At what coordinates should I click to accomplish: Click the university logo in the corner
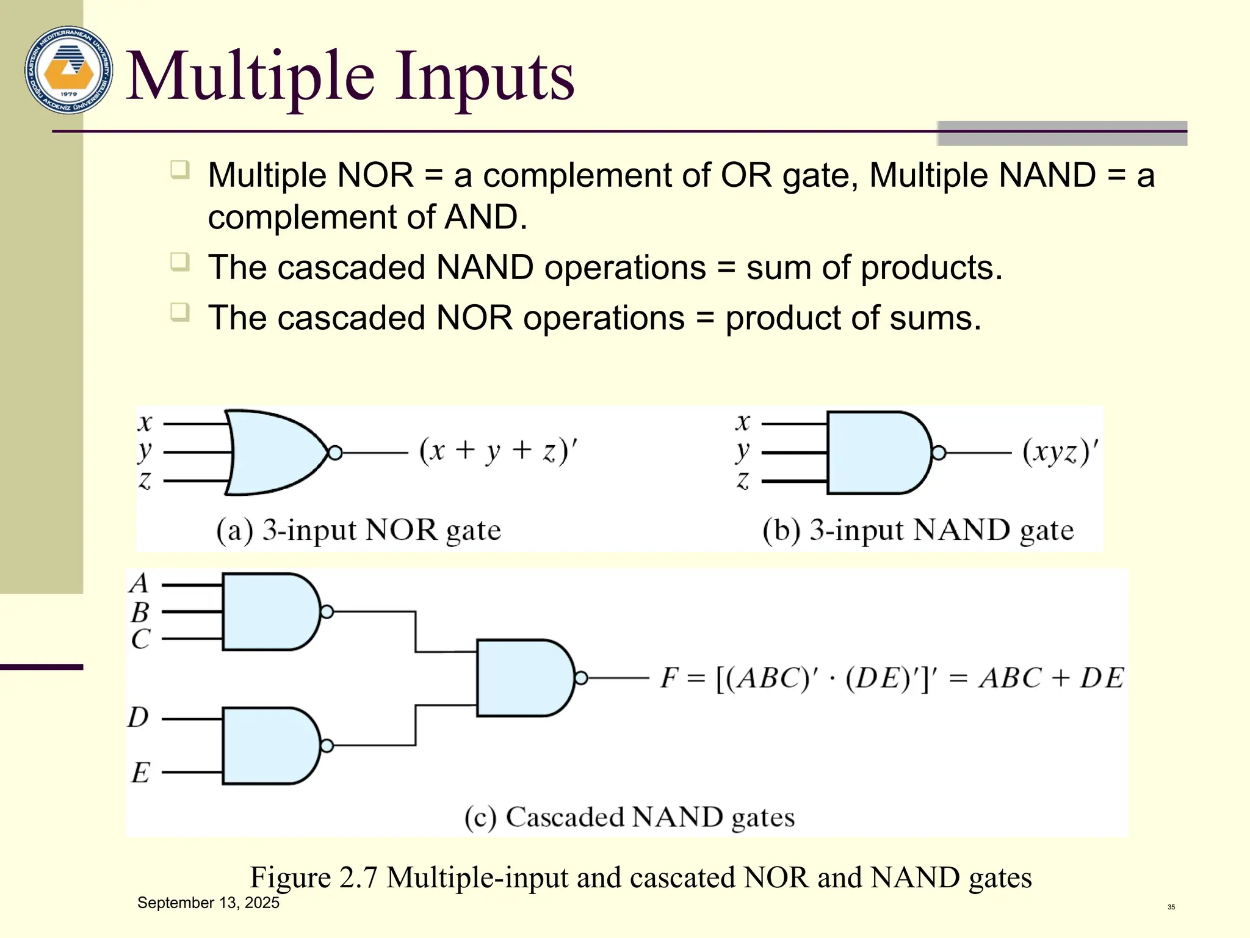click(68, 70)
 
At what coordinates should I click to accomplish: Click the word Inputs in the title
click(484, 77)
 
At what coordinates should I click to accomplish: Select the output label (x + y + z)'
click(497, 452)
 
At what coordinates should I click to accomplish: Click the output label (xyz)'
click(1060, 453)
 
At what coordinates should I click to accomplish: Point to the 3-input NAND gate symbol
click(878, 453)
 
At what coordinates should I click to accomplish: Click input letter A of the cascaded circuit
click(140, 583)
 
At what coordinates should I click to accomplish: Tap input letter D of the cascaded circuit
click(139, 718)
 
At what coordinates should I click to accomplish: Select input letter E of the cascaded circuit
click(140, 773)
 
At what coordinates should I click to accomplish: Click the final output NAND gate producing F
click(524, 678)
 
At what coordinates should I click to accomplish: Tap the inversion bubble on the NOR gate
click(335, 453)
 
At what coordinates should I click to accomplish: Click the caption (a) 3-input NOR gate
click(358, 530)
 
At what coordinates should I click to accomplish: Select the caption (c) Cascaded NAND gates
click(629, 817)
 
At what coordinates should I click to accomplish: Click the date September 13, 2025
click(208, 903)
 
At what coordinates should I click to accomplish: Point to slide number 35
click(1171, 907)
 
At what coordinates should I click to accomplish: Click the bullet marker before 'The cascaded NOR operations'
click(180, 312)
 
